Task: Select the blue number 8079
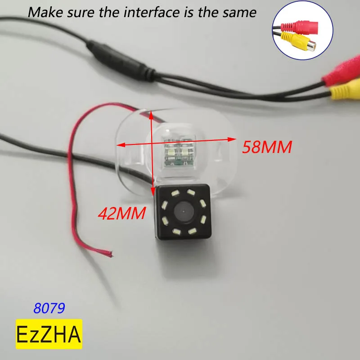pyautogui.click(x=49, y=308)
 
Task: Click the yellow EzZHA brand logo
pyautogui.click(x=49, y=334)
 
